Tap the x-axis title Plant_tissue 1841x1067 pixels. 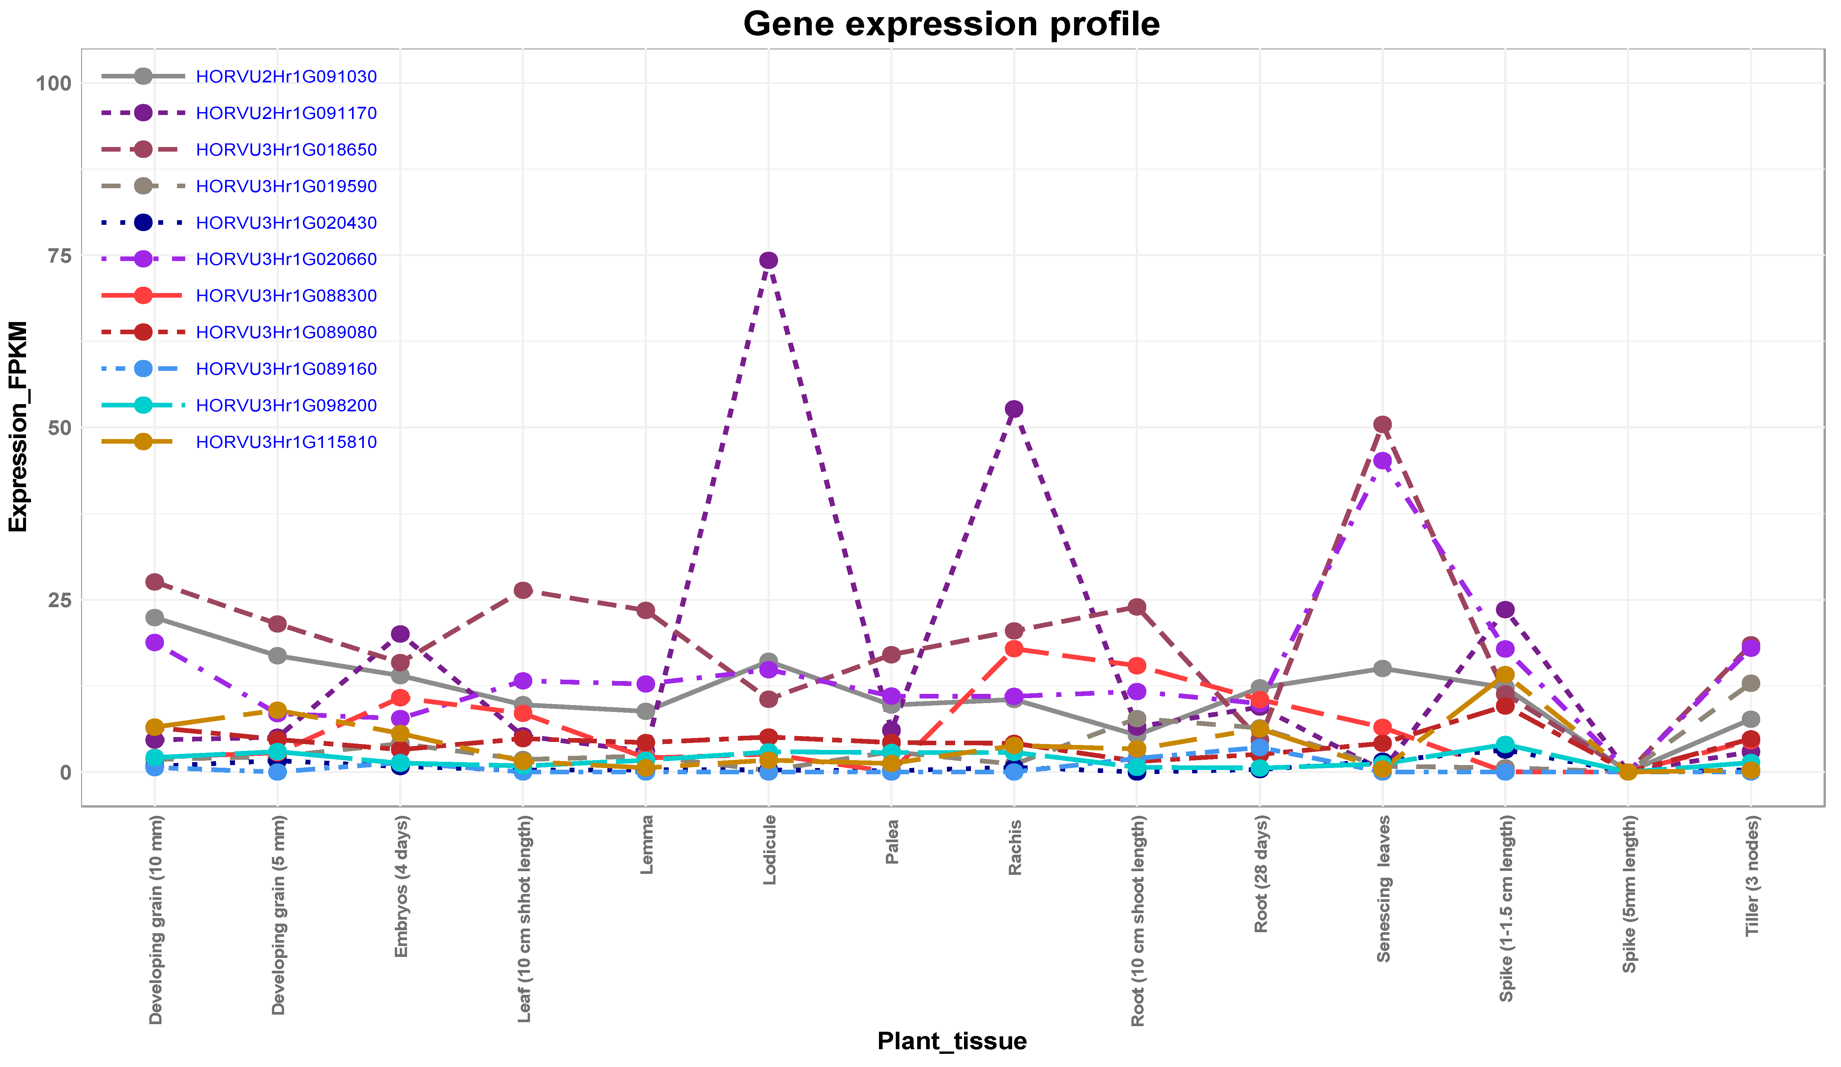[951, 1040]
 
